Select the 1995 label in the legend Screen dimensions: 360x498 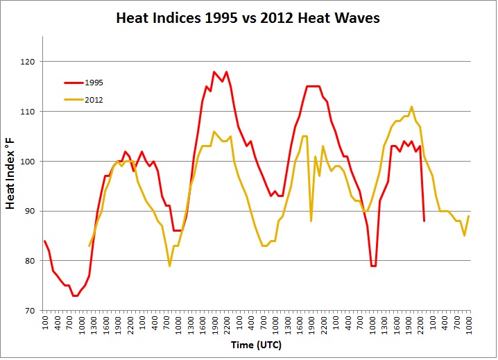coord(94,83)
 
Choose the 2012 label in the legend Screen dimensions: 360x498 coord(94,100)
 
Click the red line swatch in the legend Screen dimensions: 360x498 coord(73,83)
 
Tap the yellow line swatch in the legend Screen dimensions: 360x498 coord(73,100)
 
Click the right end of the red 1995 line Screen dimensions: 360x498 coord(424,221)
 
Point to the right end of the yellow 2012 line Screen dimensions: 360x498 coord(470,216)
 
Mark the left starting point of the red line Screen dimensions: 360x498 coord(44,241)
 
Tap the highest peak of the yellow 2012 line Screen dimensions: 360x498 coord(412,106)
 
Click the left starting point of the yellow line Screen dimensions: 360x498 coord(89,246)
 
